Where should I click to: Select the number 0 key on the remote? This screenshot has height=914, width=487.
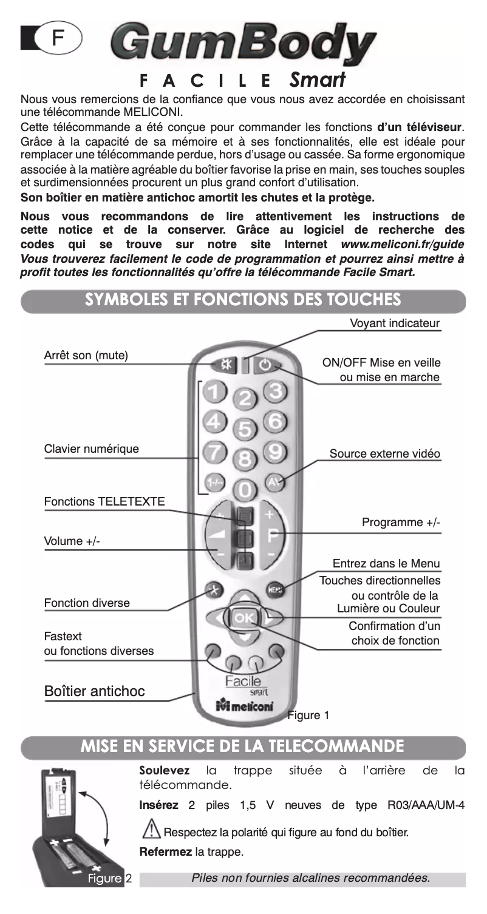click(x=244, y=489)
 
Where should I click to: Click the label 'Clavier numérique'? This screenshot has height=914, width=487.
click(x=91, y=450)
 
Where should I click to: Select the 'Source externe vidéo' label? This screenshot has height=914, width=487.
click(x=385, y=454)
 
